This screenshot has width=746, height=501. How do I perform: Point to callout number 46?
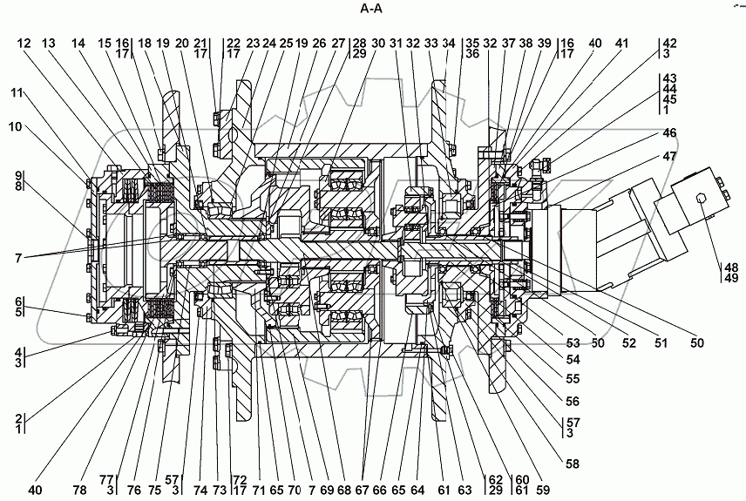pyautogui.click(x=669, y=133)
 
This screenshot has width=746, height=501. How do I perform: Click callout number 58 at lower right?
pyautogui.click(x=572, y=464)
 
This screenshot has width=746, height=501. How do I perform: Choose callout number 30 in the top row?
pyautogui.click(x=377, y=44)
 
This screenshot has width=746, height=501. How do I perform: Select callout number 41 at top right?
pyautogui.click(x=621, y=44)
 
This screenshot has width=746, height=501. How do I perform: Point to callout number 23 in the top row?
pyautogui.click(x=254, y=44)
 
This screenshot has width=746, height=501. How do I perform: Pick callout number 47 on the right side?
pyautogui.click(x=669, y=157)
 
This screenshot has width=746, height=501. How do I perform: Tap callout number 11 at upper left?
pyautogui.click(x=17, y=92)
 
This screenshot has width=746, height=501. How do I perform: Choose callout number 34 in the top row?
pyautogui.click(x=449, y=44)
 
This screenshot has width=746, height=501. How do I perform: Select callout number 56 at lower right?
pyautogui.click(x=572, y=402)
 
